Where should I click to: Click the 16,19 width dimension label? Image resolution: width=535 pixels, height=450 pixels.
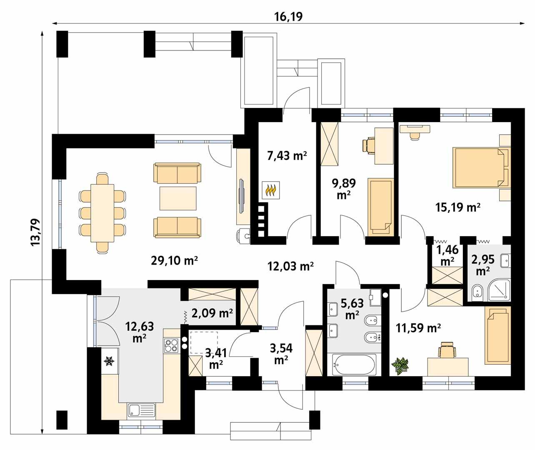tap(288, 16)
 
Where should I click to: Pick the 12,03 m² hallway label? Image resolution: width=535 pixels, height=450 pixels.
tap(290, 266)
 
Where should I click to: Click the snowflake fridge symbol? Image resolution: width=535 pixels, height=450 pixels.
tap(110, 361)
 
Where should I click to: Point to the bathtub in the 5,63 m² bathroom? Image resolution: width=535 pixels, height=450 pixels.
tap(354, 365)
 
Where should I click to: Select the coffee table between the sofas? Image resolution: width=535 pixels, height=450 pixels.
tap(178, 198)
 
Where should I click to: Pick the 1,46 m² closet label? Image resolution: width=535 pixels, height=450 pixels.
tap(447, 255)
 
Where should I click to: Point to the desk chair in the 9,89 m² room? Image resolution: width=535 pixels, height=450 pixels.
tap(370, 145)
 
